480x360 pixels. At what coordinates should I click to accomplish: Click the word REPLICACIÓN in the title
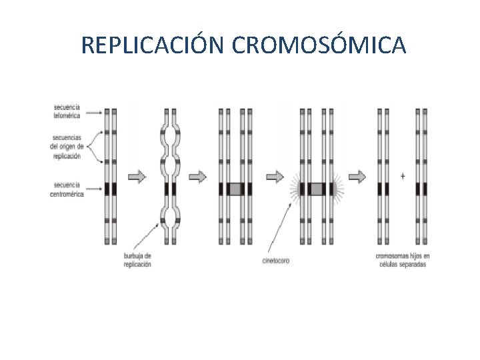(x=153, y=45)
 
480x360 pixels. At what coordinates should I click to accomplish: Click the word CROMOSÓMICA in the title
(x=318, y=45)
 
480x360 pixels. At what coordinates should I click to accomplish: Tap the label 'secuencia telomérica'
(x=67, y=111)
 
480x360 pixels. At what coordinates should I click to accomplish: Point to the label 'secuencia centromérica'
(x=67, y=189)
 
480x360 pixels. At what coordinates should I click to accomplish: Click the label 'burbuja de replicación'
(x=137, y=260)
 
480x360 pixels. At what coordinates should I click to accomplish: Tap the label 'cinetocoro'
(x=275, y=260)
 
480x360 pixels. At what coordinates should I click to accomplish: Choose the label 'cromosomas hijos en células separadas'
(x=403, y=260)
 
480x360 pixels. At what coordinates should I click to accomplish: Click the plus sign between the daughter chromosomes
(x=403, y=176)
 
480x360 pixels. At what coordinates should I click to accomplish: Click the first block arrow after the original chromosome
(x=136, y=177)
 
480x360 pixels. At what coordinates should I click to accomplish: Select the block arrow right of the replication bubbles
(x=198, y=177)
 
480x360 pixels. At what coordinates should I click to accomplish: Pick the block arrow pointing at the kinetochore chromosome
(x=275, y=177)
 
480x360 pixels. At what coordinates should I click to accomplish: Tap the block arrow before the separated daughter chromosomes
(x=357, y=177)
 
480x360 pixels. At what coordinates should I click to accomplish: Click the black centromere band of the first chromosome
(x=111, y=189)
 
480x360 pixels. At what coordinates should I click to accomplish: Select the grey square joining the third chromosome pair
(x=234, y=189)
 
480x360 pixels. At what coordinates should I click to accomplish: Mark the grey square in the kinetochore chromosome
(x=316, y=189)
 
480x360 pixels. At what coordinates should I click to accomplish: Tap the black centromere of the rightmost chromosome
(x=421, y=189)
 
